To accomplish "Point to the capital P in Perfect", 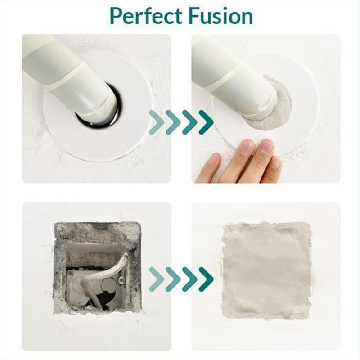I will [x=116, y=16].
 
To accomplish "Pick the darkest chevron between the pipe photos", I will [x=206, y=122].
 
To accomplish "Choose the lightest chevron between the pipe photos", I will [x=156, y=122].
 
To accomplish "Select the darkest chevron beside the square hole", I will [x=206, y=279].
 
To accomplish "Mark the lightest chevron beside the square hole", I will [x=156, y=279].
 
